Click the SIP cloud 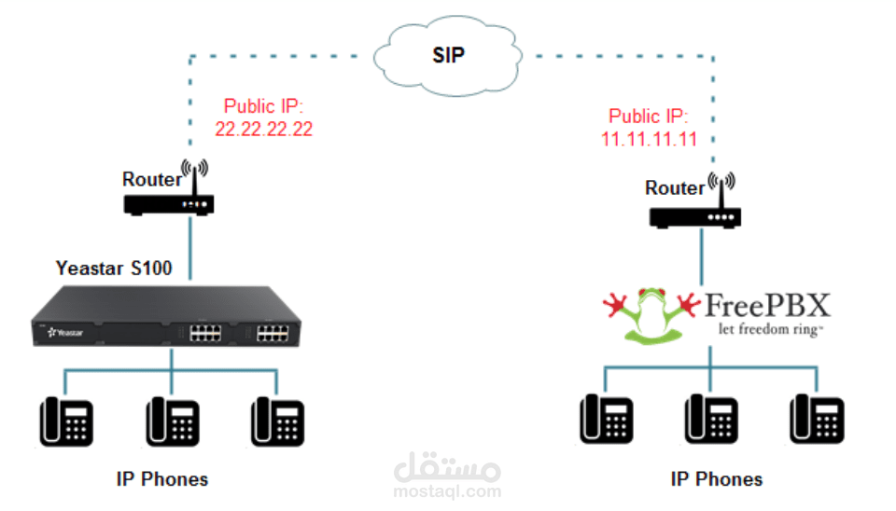448,55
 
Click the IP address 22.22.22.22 263,130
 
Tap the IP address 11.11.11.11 650,140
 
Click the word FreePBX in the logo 766,305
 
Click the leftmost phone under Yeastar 66,421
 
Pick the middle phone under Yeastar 173,421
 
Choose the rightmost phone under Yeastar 278,421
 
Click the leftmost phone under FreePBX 606,421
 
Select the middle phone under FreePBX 711,421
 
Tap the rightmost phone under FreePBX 817,421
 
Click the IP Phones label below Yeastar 162,479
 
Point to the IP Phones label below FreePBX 716,479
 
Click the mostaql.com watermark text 448,491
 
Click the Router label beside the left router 152,179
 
